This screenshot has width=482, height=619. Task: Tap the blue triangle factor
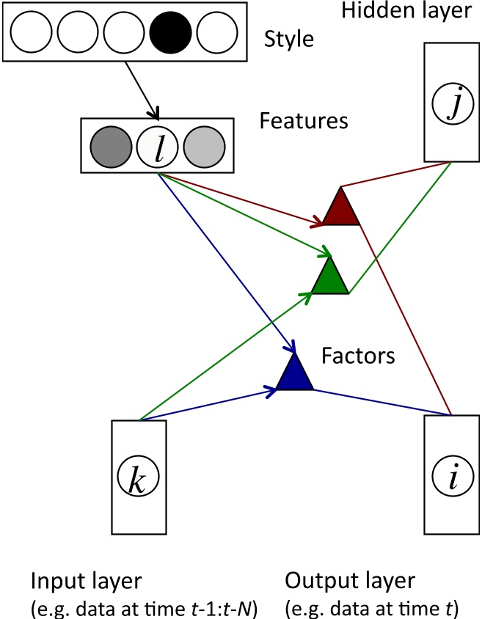pos(296,374)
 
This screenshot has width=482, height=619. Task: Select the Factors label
pos(359,356)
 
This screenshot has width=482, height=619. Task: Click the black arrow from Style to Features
pos(134,90)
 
